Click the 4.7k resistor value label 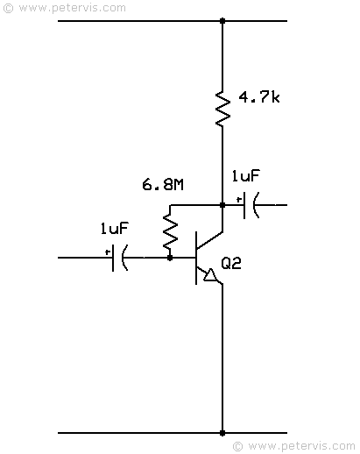pyautogui.click(x=259, y=97)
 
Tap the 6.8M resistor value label pyautogui.click(x=163, y=185)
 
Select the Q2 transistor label pyautogui.click(x=231, y=263)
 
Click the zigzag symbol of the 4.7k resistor pyautogui.click(x=222, y=109)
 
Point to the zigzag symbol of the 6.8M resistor pyautogui.click(x=170, y=231)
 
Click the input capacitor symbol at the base pyautogui.click(x=120, y=258)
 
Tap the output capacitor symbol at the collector pyautogui.click(x=251, y=205)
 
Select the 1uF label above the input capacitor pyautogui.click(x=114, y=228)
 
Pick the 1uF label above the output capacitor pyautogui.click(x=245, y=175)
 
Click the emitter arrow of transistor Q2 pyautogui.click(x=210, y=275)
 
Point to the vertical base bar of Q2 pyautogui.click(x=196, y=258)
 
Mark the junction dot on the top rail pyautogui.click(x=222, y=21)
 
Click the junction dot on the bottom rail pyautogui.click(x=222, y=433)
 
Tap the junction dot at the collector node pyautogui.click(x=222, y=205)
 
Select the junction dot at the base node pyautogui.click(x=170, y=258)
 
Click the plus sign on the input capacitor pyautogui.click(x=108, y=252)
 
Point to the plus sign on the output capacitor pyautogui.click(x=239, y=200)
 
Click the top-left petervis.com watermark pyautogui.click(x=65, y=8)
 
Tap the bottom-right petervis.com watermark pyautogui.click(x=294, y=446)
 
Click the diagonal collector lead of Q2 pyautogui.click(x=209, y=241)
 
